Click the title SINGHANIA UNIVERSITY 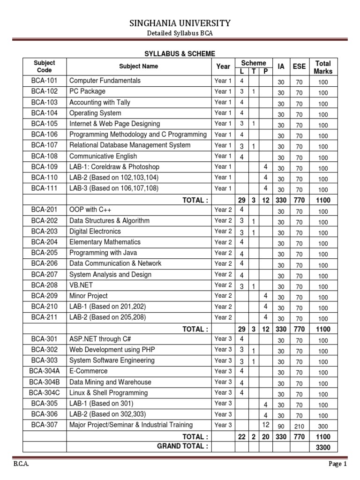click(180, 23)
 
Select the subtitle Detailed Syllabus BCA click(180, 34)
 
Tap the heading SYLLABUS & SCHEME click(180, 54)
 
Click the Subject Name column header click(139, 67)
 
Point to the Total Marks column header click(323, 67)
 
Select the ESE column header click(299, 67)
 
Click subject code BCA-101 click(45, 81)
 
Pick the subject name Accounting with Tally click(100, 102)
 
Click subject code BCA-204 click(45, 242)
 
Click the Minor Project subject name click(88, 296)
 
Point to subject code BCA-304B click(45, 382)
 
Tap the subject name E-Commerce click(87, 371)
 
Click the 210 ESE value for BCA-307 click(299, 426)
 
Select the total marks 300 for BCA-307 click(323, 426)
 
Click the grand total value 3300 click(323, 447)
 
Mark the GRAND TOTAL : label click(183, 446)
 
